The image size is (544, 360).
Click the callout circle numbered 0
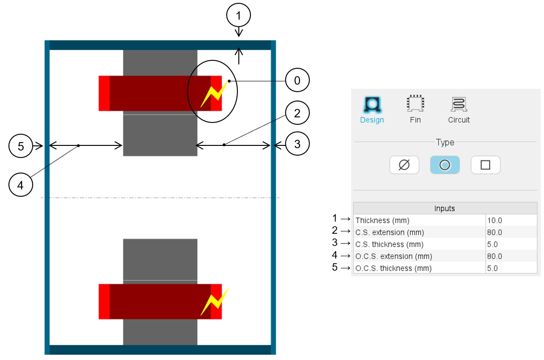click(x=297, y=81)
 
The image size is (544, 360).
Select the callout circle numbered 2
click(x=297, y=113)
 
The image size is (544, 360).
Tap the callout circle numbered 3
click(x=297, y=145)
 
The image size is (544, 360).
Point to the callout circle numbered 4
click(x=21, y=185)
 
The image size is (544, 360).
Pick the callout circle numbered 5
click(x=21, y=146)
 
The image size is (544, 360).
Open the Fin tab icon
click(x=415, y=104)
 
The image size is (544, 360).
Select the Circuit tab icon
click(x=458, y=104)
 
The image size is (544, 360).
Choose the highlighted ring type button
click(x=445, y=165)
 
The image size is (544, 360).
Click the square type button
click(x=485, y=165)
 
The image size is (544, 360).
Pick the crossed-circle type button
click(x=404, y=165)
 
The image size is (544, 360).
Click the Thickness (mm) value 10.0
click(x=495, y=220)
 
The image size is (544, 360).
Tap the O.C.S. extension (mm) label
click(x=394, y=256)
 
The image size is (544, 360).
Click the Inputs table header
click(x=444, y=209)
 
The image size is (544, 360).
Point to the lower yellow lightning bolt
click(x=215, y=301)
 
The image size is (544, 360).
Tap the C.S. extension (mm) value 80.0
click(x=495, y=232)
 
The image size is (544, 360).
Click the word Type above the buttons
click(x=445, y=142)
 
